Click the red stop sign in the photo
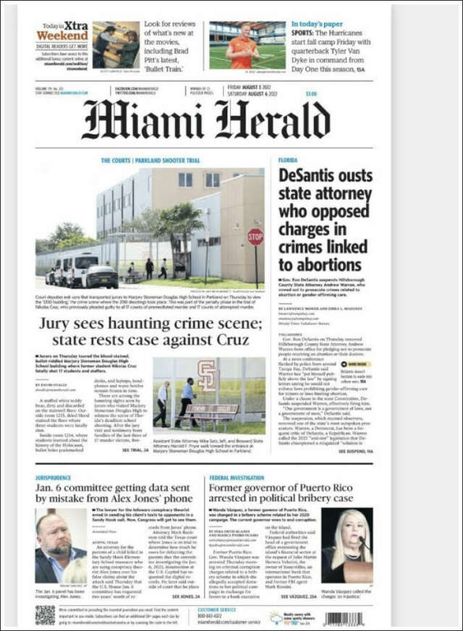click(255, 236)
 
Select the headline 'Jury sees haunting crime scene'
click(150, 332)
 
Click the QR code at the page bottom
click(45, 614)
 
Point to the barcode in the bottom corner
click(344, 618)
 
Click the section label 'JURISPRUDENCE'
click(54, 478)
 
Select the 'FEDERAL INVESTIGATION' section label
click(237, 478)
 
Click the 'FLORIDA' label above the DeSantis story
click(288, 160)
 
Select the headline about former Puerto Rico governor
click(291, 494)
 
